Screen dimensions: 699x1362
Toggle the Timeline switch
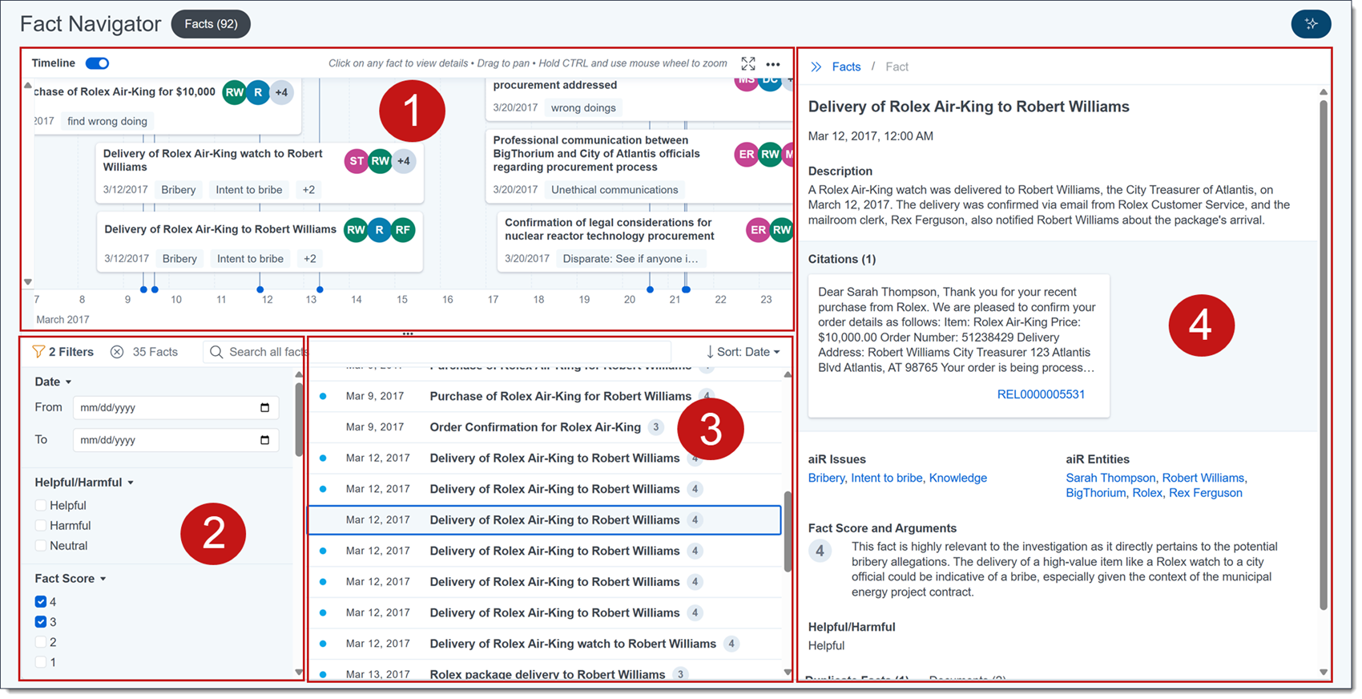pos(97,63)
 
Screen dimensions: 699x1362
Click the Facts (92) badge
pos(211,24)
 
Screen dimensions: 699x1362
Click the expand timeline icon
pos(747,63)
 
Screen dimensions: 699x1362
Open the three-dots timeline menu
pos(773,64)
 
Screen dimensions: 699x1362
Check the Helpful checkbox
pos(41,506)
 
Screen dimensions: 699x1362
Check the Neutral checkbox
pos(41,546)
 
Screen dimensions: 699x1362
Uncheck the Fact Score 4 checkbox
pos(41,602)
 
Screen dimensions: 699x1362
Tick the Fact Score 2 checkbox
pos(41,642)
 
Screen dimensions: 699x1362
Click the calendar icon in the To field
pos(265,440)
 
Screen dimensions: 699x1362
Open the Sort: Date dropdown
pos(743,352)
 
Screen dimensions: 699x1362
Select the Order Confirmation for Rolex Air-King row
pos(535,427)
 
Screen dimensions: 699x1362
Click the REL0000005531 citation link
pos(1041,394)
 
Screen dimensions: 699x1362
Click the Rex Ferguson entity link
pos(1205,493)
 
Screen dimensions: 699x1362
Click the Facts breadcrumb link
pos(846,67)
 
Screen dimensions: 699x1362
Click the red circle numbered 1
pos(412,111)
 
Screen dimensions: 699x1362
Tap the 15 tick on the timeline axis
pos(402,299)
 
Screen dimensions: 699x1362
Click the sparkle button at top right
pos(1311,24)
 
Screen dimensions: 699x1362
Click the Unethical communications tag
pos(615,190)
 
